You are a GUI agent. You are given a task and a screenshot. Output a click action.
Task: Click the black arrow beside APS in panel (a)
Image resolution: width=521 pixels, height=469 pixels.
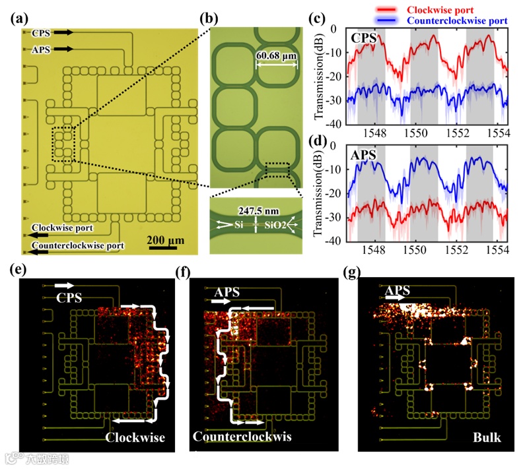pyautogui.click(x=63, y=49)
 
